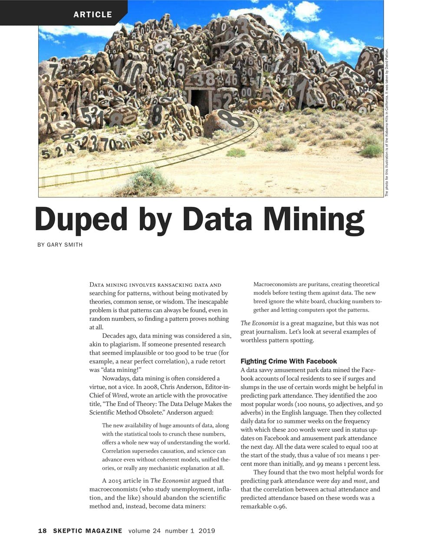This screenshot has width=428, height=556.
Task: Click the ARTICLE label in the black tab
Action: (92, 14)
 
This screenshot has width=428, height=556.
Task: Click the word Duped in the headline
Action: (81, 219)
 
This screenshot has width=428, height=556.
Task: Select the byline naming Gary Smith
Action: (60, 245)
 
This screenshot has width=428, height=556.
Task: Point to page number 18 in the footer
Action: (42, 531)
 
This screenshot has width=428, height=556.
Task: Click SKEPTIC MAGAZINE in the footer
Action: (88, 531)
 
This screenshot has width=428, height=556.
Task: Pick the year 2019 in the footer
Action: (207, 531)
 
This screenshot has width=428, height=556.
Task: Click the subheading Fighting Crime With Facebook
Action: (289, 361)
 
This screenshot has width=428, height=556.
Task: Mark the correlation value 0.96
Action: (279, 506)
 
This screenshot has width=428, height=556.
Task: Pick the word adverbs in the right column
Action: (250, 413)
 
